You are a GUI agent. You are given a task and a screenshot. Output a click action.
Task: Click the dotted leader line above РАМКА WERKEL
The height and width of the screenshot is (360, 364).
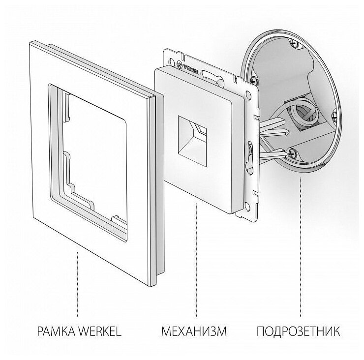click(77, 280)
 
